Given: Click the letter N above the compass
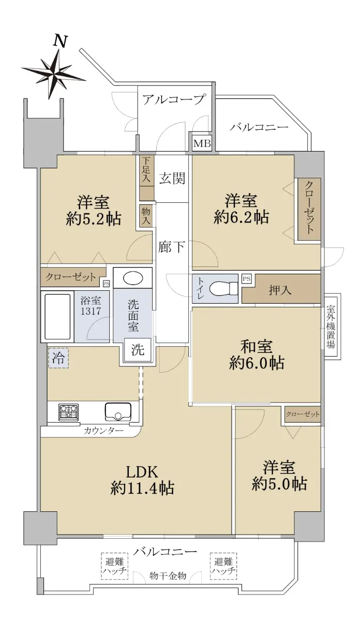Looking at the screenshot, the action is (x=61, y=41).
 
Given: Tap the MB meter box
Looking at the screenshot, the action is (x=202, y=144).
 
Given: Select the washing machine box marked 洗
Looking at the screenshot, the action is (x=138, y=350).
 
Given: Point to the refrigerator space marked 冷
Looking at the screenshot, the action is (x=58, y=358).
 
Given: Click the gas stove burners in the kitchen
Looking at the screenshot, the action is (x=68, y=412).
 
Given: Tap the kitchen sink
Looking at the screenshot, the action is (x=118, y=412).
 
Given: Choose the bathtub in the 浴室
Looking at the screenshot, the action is (x=57, y=316).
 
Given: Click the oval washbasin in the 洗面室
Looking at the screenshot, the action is (x=133, y=278).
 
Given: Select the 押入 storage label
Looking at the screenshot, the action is (x=280, y=290).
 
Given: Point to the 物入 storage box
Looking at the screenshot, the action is (x=146, y=216).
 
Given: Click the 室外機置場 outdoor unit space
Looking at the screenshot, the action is (x=331, y=326).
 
